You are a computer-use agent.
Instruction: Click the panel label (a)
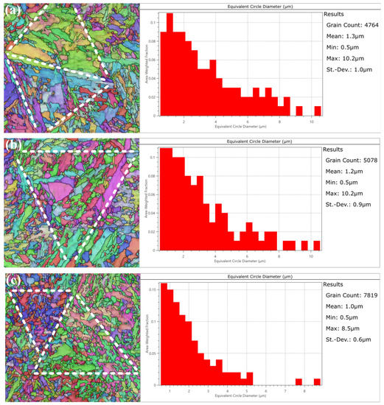pyautogui.click(x=11, y=10)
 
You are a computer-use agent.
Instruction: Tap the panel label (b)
pyautogui.click(x=11, y=145)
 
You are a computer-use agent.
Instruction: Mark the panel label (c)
pyautogui.click(x=11, y=281)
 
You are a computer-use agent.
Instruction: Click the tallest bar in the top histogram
pyautogui.click(x=170, y=65)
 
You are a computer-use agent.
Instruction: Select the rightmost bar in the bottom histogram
pyautogui.click(x=317, y=382)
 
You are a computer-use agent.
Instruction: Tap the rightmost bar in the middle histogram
pyautogui.click(x=317, y=246)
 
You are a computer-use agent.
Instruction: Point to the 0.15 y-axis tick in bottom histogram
pyautogui.click(x=154, y=289)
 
